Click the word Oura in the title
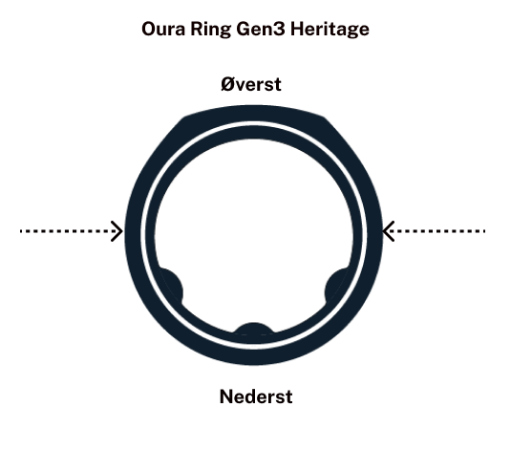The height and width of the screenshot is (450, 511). click(163, 29)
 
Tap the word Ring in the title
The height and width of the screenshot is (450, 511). click(210, 30)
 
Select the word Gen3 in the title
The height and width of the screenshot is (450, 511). click(261, 29)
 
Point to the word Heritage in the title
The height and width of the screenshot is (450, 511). click(330, 30)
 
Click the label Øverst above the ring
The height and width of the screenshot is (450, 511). click(251, 84)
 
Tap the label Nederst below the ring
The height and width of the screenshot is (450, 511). click(256, 396)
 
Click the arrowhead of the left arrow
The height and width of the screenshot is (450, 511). click(117, 231)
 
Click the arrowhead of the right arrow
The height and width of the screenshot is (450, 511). click(388, 231)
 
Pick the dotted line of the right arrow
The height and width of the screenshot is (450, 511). click(436, 231)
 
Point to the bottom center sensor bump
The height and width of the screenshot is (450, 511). click(254, 329)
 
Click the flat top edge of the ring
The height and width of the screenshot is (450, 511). click(254, 111)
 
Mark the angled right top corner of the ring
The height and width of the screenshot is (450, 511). click(325, 118)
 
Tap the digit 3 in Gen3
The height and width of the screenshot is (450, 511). click(279, 29)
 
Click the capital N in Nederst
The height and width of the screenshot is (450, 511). click(226, 396)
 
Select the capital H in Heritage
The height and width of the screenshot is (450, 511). click(297, 29)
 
